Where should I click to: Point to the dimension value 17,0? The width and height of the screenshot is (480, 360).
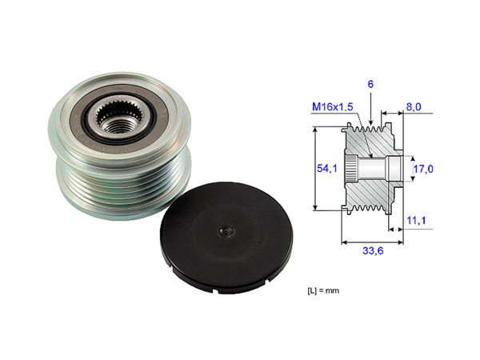(x=423, y=170)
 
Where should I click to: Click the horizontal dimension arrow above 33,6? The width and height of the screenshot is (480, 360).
(x=371, y=238)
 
